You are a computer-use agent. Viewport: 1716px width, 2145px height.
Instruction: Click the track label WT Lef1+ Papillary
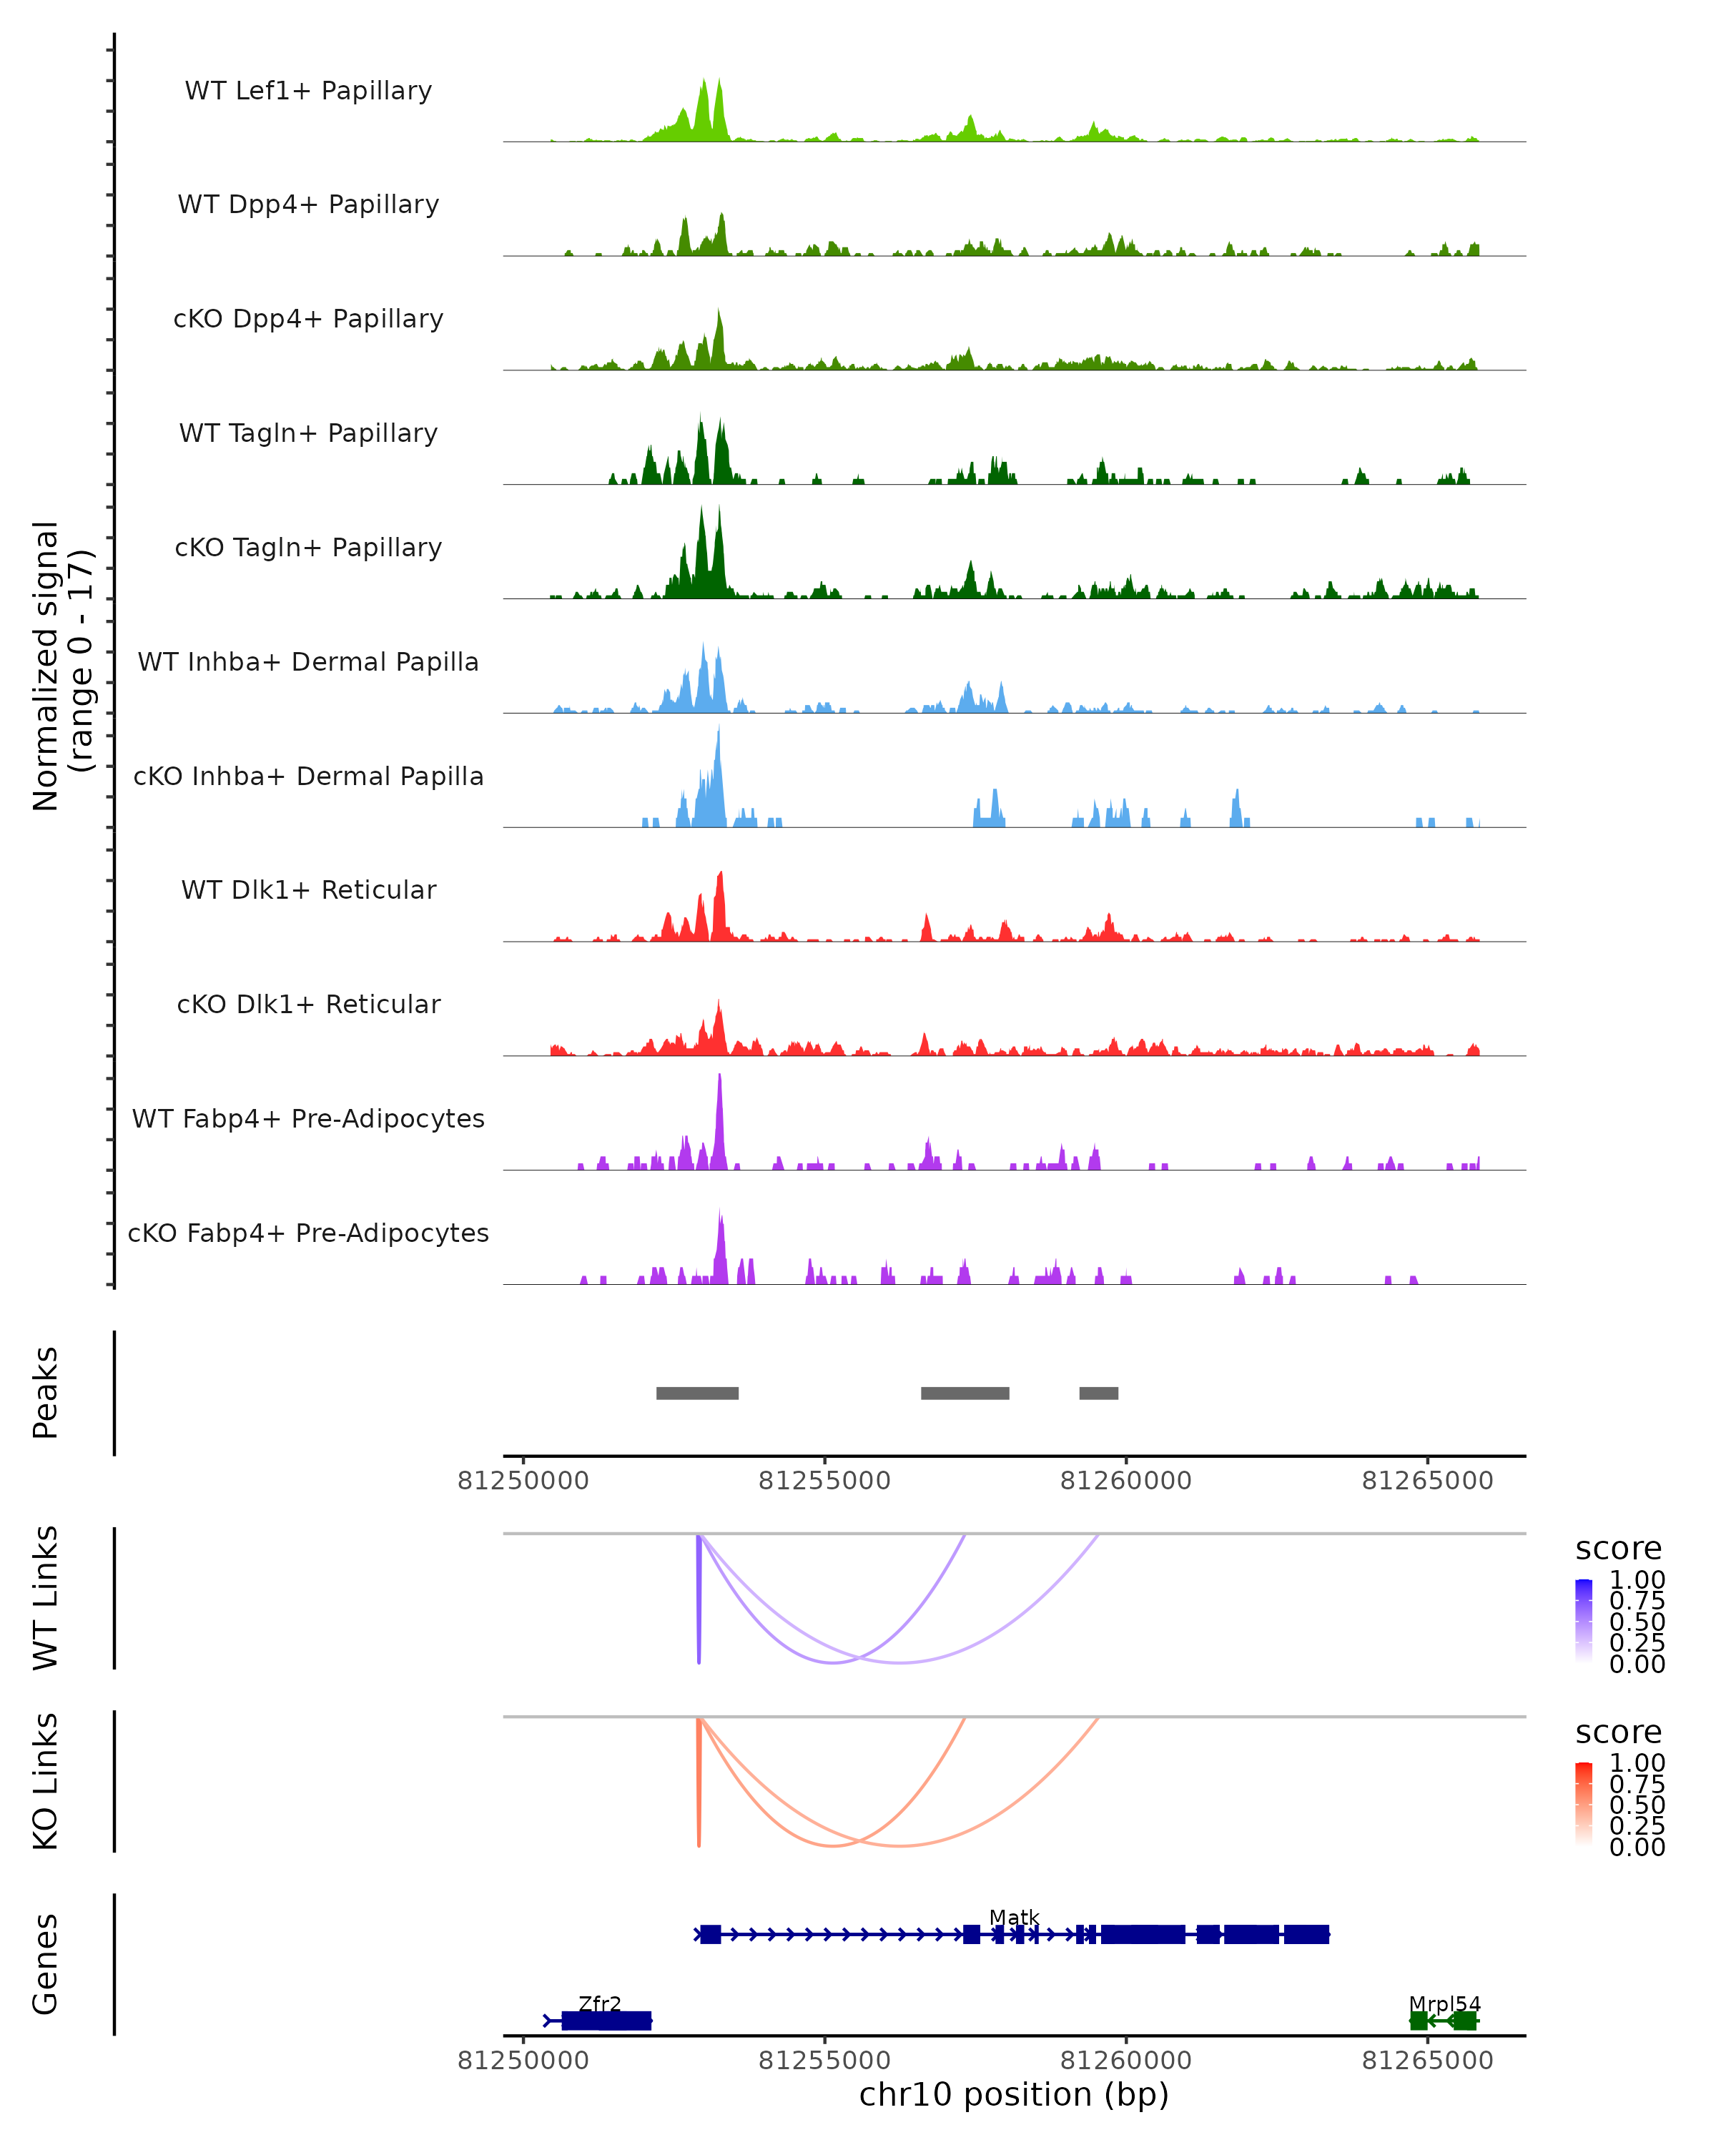pyautogui.click(x=308, y=91)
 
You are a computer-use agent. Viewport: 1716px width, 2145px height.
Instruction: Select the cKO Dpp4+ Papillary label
pyautogui.click(x=308, y=320)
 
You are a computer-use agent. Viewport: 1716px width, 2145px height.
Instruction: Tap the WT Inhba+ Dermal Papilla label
pyautogui.click(x=308, y=663)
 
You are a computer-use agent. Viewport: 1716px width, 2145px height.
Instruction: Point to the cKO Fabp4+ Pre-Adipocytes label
pyautogui.click(x=308, y=1233)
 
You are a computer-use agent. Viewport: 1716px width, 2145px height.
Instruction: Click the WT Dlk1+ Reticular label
pyautogui.click(x=308, y=890)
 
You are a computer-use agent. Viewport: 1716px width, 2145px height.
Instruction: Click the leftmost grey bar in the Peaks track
pyautogui.click(x=697, y=1393)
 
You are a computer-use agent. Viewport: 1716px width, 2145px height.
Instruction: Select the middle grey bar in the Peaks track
pyautogui.click(x=965, y=1393)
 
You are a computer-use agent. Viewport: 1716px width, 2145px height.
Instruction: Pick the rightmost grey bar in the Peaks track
pyautogui.click(x=1098, y=1393)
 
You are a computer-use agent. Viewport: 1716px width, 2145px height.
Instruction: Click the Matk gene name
pyautogui.click(x=1014, y=1917)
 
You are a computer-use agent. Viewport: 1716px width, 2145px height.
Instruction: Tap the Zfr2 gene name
pyautogui.click(x=600, y=2003)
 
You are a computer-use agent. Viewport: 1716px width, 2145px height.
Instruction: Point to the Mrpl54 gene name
pyautogui.click(x=1444, y=2003)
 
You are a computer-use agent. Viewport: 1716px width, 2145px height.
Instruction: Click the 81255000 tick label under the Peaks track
pyautogui.click(x=824, y=1481)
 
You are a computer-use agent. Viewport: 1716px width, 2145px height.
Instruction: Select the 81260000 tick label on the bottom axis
pyautogui.click(x=1125, y=2061)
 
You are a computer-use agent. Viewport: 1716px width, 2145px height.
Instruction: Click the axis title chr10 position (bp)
pyautogui.click(x=1014, y=2095)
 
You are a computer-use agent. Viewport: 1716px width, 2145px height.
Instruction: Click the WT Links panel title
pyautogui.click(x=46, y=1598)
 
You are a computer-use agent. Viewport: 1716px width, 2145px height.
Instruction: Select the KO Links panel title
pyautogui.click(x=46, y=1782)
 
